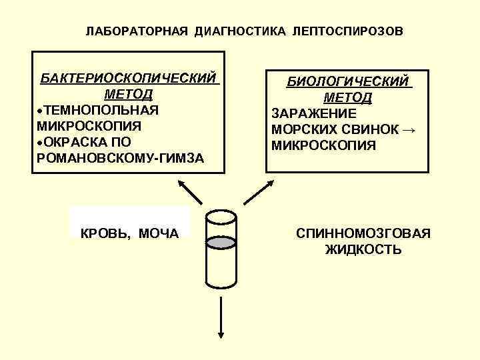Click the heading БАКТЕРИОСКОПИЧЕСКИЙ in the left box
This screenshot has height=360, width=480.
(129, 78)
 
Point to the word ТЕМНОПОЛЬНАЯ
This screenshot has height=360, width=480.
(101, 109)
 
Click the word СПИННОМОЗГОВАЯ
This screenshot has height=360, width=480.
(363, 233)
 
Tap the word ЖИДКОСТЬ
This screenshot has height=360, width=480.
(363, 250)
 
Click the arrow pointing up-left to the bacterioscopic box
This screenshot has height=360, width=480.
(189, 191)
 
